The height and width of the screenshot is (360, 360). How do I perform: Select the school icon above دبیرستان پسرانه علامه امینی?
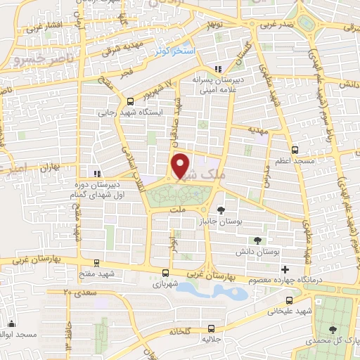tap(218, 69)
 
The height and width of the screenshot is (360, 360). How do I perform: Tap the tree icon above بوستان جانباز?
tap(221, 210)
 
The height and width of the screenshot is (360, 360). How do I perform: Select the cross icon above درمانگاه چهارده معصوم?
tap(285, 270)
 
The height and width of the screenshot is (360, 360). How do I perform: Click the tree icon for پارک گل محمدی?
tap(332, 329)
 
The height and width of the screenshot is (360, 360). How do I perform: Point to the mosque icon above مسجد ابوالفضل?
tap(12, 324)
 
